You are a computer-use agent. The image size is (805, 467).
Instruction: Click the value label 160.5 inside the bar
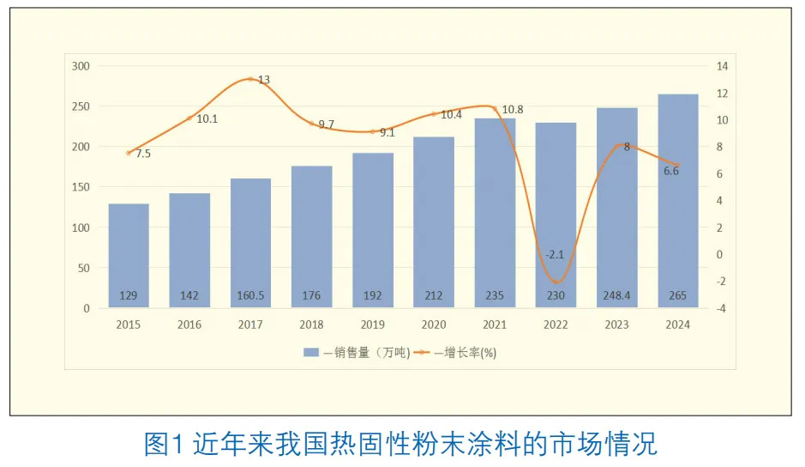250,296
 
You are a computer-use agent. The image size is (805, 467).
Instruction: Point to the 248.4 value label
617,296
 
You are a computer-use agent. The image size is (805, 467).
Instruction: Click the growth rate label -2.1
555,254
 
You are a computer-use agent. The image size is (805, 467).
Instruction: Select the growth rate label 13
264,80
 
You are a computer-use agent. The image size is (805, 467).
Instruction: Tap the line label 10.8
512,110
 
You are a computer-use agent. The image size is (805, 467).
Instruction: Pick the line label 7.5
143,154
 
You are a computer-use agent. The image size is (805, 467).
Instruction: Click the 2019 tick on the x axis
373,324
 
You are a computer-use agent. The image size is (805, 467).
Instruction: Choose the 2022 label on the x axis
556,324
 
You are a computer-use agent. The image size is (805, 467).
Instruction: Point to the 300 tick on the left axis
81,66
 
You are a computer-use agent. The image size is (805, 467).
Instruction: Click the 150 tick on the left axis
81,187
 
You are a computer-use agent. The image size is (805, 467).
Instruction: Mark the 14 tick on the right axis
722,66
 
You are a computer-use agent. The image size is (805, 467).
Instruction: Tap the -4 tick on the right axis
722,308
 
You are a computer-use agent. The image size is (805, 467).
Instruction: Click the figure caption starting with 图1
401,444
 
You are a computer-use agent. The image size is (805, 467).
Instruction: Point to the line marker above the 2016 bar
189,118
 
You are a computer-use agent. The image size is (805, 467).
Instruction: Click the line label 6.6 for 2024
672,171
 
